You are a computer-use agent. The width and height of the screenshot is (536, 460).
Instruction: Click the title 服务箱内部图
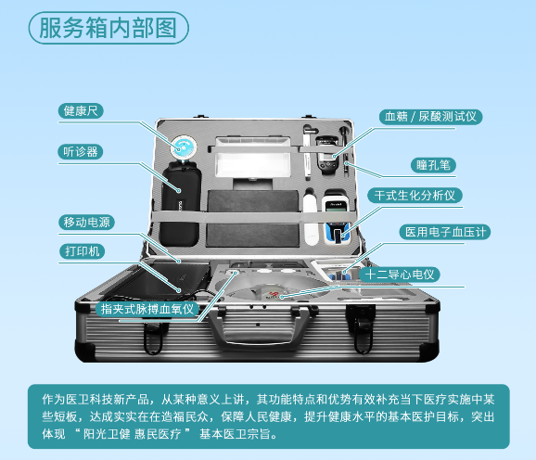click(x=108, y=28)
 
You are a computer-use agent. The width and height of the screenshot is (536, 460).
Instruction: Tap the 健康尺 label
click(x=81, y=111)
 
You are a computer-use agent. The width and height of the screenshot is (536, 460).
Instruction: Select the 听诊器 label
click(x=81, y=152)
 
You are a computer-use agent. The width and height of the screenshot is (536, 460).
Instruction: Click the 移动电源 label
click(x=86, y=223)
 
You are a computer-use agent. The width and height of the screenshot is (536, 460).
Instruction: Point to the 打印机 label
click(x=82, y=251)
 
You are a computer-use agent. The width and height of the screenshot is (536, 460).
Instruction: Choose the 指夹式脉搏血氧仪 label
click(x=147, y=309)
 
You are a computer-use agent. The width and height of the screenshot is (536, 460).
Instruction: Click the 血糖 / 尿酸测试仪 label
click(x=430, y=117)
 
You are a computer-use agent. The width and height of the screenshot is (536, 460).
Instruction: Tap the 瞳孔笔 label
click(x=433, y=165)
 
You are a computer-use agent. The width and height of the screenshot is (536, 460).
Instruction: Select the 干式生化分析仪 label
click(x=415, y=196)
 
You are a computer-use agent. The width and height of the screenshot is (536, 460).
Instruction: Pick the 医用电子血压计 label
click(x=445, y=232)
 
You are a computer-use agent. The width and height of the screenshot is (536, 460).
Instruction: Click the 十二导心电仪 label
click(x=400, y=275)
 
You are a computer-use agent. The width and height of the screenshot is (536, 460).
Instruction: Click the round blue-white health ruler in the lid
click(x=184, y=148)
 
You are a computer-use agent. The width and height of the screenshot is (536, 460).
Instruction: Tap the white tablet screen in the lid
click(x=252, y=157)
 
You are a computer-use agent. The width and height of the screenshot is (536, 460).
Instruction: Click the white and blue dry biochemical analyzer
click(x=337, y=217)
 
